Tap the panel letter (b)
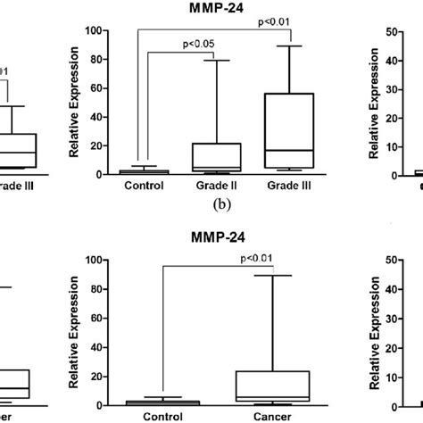(x=214, y=204)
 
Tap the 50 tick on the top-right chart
(x=389, y=30)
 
